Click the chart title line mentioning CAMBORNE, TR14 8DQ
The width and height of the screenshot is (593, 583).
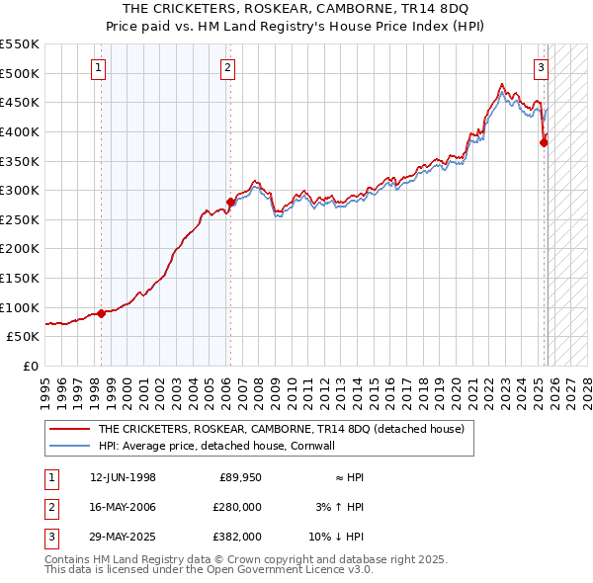click(296, 9)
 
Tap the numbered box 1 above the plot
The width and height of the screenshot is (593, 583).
click(100, 68)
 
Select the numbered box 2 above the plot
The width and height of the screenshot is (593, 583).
click(227, 68)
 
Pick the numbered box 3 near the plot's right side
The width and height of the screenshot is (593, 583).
click(542, 68)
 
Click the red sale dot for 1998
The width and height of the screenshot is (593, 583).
click(102, 313)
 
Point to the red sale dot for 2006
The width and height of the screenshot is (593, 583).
click(230, 202)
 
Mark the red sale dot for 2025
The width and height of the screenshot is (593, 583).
click(544, 142)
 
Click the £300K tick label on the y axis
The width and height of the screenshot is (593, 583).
click(20, 190)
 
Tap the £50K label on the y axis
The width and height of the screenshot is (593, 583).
click(24, 336)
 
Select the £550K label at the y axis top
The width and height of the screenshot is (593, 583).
click(20, 44)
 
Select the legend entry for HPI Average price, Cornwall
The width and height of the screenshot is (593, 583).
click(216, 446)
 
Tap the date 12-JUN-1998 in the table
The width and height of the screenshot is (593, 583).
click(123, 477)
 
